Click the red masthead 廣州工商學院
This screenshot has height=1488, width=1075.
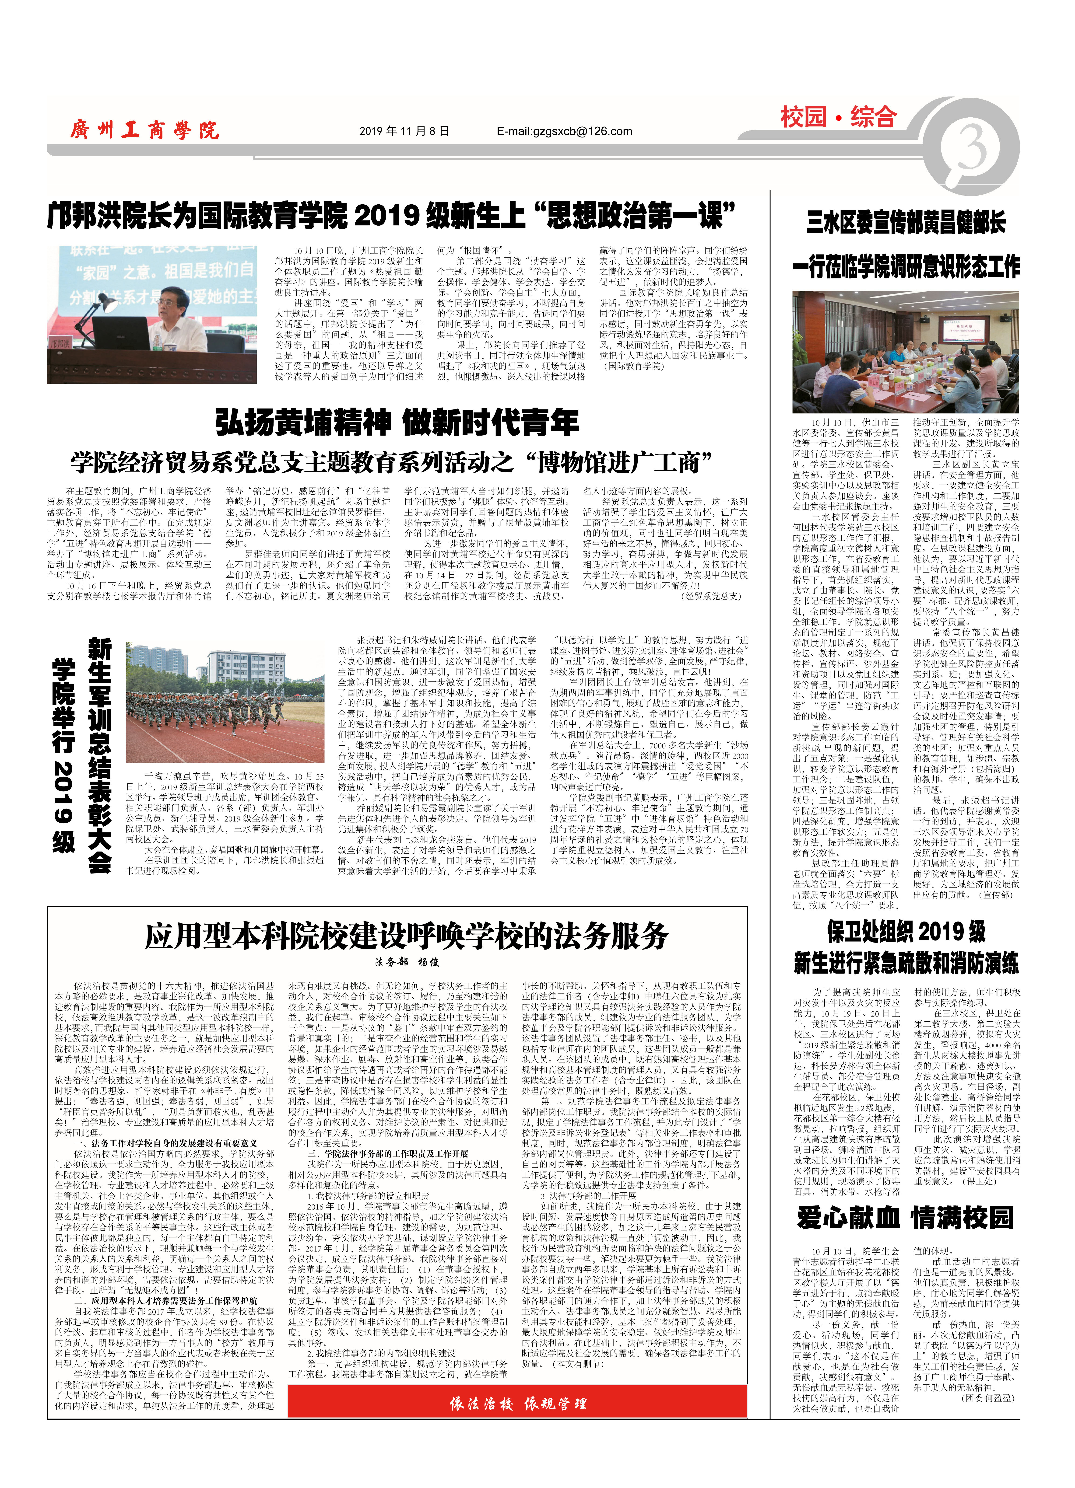click(x=144, y=130)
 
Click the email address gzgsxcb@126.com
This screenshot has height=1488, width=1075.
click(x=564, y=131)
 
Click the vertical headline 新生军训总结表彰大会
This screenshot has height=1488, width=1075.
click(x=100, y=754)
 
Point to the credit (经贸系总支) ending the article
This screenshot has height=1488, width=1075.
click(x=712, y=596)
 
